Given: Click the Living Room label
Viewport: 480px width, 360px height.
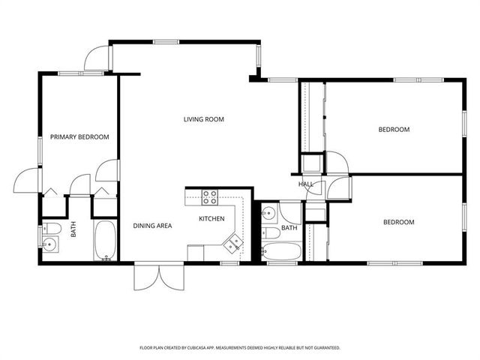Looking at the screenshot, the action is [203, 119].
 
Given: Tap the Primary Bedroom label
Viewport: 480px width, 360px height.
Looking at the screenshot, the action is [79, 136].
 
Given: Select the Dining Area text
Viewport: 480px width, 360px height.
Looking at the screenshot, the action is [152, 226].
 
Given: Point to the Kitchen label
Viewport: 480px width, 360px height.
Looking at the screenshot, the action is [211, 218].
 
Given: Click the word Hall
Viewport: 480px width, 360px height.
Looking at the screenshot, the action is [306, 184].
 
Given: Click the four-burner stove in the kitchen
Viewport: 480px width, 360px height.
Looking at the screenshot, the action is [210, 197].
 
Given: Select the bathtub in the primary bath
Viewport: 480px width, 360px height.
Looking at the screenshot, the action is [105, 241].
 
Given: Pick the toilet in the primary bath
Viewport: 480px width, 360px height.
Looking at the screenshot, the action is [52, 228].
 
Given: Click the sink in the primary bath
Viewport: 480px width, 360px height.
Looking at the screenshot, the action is [49, 244].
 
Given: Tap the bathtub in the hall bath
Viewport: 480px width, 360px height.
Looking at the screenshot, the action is [281, 251].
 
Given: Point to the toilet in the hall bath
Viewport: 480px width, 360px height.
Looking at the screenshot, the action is [271, 233].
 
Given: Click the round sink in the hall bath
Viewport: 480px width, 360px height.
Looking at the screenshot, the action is [269, 211].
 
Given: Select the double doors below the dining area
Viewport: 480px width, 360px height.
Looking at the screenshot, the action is [159, 277].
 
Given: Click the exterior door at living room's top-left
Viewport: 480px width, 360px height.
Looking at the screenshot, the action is [96, 58].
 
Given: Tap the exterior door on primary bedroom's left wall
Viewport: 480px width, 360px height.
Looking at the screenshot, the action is [26, 181].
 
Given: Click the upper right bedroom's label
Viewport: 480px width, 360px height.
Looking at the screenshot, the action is [394, 130].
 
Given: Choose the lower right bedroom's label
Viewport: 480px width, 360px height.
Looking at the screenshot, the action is [399, 222].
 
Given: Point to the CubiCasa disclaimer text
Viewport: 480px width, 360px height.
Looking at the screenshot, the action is [240, 348].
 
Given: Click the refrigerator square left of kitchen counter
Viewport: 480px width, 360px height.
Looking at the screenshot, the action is [196, 253].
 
